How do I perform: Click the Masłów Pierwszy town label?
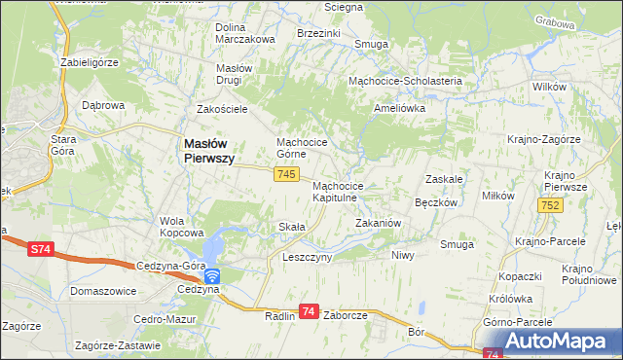click(208, 151)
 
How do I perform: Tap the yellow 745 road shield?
click(285, 173)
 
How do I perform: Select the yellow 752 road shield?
click(551, 205)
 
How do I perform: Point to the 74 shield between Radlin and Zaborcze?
click(309, 311)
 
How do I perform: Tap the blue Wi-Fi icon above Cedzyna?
click(211, 276)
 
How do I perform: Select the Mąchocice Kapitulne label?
click(338, 192)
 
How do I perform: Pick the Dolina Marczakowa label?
click(245, 32)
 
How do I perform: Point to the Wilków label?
click(550, 87)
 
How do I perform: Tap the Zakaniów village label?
click(378, 223)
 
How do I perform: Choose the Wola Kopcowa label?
click(182, 227)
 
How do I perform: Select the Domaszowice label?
click(102, 291)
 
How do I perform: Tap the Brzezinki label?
click(318, 32)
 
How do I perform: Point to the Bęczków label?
click(436, 203)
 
